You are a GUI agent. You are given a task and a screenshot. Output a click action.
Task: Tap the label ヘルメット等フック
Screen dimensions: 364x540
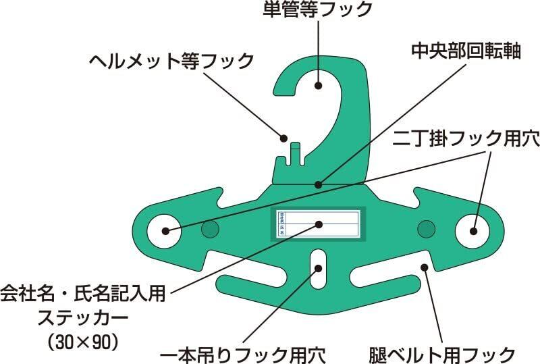(171, 61)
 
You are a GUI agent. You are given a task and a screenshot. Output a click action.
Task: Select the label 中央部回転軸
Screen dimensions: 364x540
(457, 51)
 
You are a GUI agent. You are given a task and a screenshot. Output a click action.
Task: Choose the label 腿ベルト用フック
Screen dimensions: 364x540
(443, 353)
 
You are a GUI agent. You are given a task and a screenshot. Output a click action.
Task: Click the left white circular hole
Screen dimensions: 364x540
(165, 231)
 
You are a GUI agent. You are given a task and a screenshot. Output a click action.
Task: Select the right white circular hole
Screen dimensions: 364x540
(472, 231)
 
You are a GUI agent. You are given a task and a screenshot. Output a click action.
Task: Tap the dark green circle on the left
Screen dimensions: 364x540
(211, 230)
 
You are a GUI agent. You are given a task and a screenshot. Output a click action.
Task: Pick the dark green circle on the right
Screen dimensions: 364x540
(426, 230)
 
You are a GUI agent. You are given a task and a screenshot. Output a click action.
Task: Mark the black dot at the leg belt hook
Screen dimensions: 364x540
(425, 267)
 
